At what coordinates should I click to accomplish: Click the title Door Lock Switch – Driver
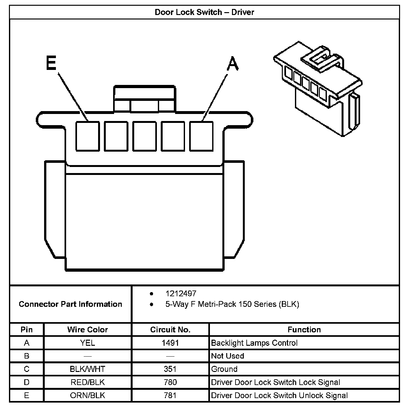tap(204, 12)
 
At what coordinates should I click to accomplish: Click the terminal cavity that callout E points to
tap(87, 136)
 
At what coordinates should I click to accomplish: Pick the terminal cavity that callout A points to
tap(201, 136)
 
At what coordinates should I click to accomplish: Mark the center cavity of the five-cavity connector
tap(144, 136)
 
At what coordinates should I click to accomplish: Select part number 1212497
tap(181, 293)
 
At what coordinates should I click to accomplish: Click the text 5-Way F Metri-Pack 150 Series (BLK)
tap(232, 304)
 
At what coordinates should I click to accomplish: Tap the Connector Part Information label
tap(70, 304)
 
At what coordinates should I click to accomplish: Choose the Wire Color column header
tap(88, 329)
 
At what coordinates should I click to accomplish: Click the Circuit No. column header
tap(170, 329)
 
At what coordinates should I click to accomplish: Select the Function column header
tap(304, 329)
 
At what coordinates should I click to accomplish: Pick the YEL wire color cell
tap(88, 343)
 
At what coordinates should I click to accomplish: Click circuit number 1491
tap(170, 343)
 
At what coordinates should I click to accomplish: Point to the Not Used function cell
tap(228, 356)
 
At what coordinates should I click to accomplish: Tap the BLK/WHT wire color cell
tap(88, 369)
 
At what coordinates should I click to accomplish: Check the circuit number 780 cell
tap(170, 382)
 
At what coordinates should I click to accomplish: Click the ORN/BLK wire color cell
tap(88, 395)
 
